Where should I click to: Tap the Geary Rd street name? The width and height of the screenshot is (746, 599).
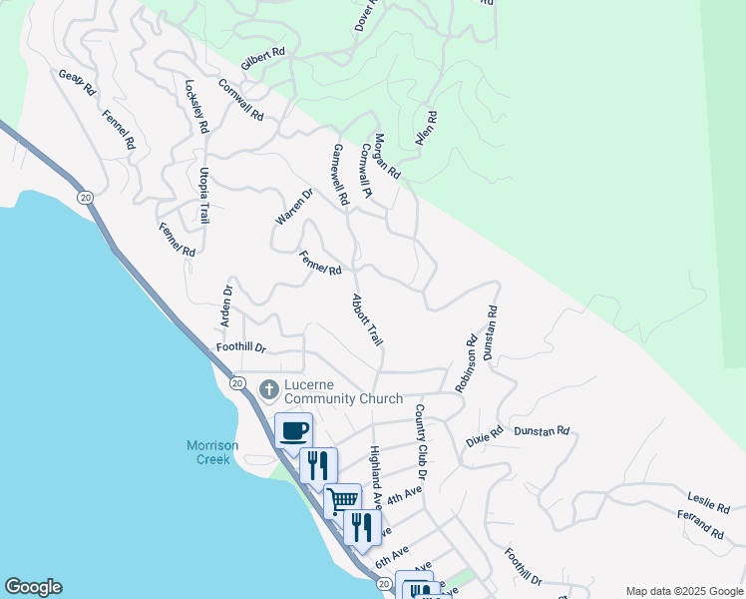point(76,82)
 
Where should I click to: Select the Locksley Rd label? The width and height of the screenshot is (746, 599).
point(195,107)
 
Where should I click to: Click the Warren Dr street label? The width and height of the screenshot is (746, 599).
point(294,206)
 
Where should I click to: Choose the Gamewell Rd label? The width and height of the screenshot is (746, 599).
point(341,175)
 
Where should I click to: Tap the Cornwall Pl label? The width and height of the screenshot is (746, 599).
point(367,171)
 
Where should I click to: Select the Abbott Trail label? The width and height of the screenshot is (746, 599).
point(367,320)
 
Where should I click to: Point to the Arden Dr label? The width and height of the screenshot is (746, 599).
point(226,310)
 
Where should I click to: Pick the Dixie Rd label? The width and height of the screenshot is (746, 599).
point(484,436)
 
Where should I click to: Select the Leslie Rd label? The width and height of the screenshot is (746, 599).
point(708,501)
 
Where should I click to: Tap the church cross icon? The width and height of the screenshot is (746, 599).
point(268,387)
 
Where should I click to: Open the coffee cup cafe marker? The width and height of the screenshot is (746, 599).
point(293,431)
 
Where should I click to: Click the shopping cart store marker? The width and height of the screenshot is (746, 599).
point(342,500)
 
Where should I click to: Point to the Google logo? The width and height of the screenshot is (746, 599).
point(33,587)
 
